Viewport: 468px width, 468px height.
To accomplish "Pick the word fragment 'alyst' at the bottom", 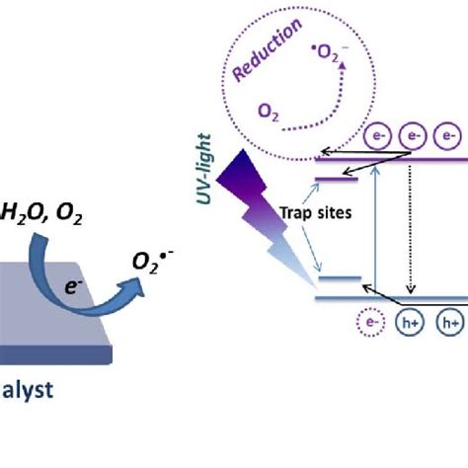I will (x=30, y=389).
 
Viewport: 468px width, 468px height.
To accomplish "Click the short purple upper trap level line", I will (x=337, y=179).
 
